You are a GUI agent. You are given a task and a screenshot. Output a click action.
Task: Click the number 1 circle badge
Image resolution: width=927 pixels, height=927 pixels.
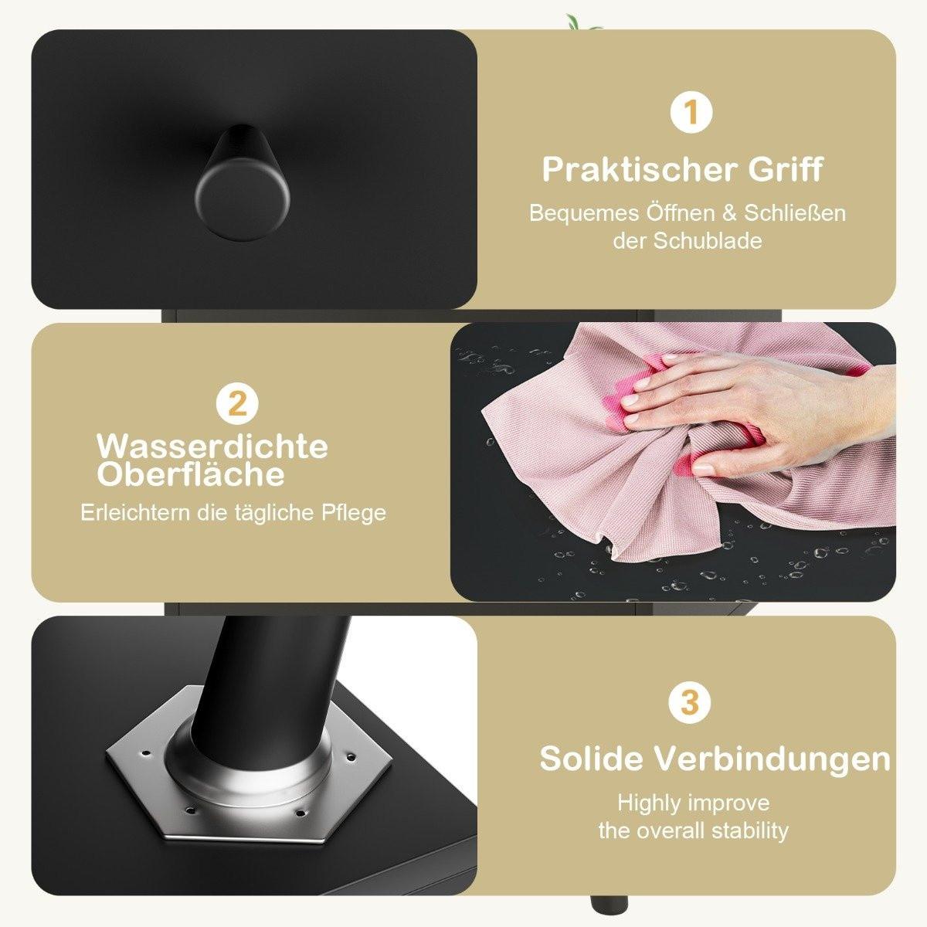pos(691,113)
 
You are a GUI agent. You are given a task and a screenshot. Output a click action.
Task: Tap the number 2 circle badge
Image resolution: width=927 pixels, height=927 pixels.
pos(237,403)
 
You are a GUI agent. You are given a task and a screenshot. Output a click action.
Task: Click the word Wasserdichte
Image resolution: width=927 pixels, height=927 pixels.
pos(212,447)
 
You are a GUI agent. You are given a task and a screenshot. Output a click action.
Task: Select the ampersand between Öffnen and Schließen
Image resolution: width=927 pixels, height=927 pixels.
pos(730,213)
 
